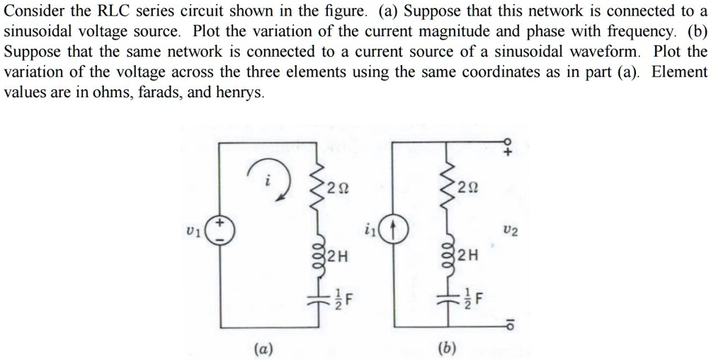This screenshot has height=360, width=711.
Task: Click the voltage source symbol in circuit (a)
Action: point(219,231)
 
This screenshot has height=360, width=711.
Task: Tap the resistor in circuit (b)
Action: point(446,187)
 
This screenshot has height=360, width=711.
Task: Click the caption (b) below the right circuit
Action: point(447,348)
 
